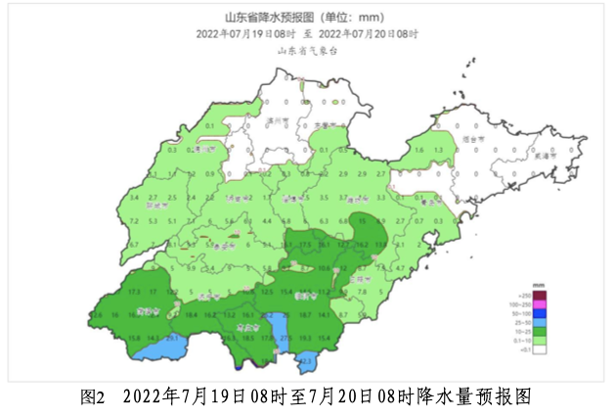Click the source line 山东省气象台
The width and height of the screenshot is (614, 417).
[307, 51]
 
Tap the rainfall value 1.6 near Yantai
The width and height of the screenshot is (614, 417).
[418, 150]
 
